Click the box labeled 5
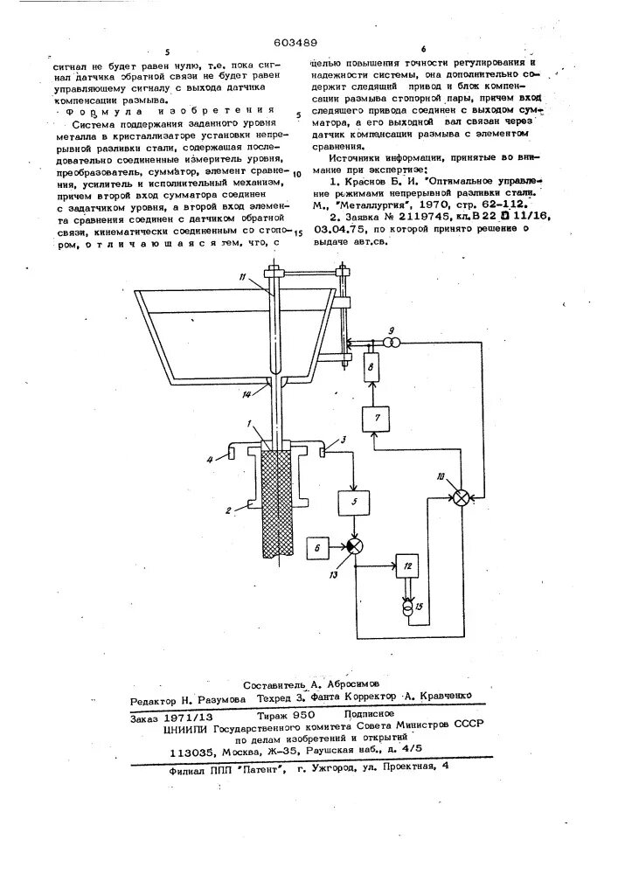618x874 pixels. (x=354, y=505)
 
